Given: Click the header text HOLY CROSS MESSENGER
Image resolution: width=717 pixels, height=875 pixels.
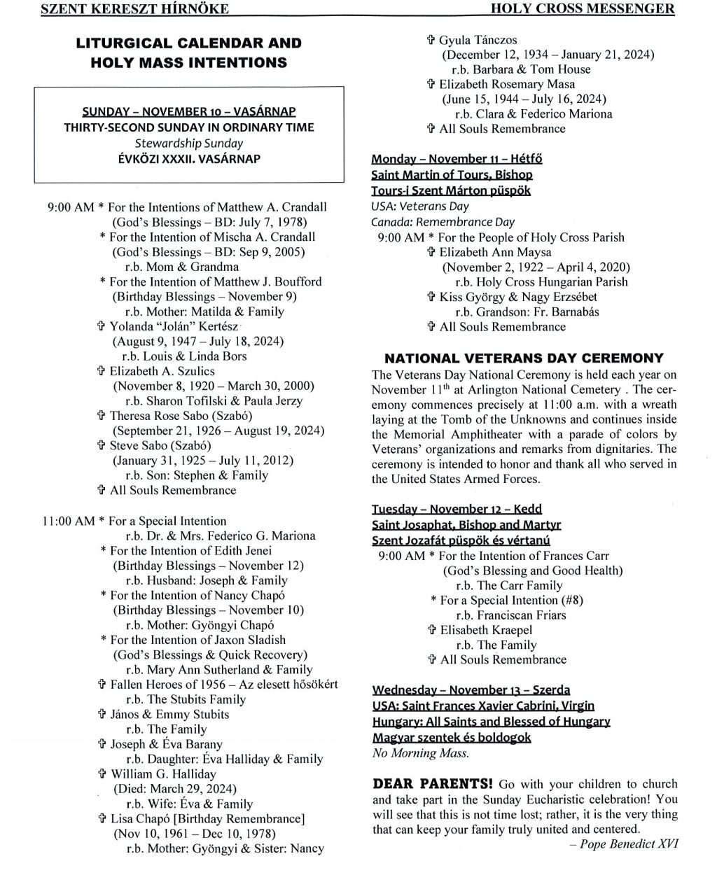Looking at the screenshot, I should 583,8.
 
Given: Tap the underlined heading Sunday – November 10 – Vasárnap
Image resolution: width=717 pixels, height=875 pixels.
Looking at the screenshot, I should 188,112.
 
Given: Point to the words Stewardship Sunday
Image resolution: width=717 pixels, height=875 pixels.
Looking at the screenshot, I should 189,143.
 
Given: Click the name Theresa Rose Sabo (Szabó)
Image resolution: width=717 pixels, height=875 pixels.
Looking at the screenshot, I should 181,416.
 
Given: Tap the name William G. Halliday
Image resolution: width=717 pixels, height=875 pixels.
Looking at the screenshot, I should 163,774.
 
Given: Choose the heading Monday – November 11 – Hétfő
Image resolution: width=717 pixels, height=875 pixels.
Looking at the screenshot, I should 457,159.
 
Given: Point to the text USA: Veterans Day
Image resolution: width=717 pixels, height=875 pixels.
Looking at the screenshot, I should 420,206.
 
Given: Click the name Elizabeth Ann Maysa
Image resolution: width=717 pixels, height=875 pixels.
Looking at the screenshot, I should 495,252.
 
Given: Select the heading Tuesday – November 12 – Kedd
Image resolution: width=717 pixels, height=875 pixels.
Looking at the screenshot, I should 457,509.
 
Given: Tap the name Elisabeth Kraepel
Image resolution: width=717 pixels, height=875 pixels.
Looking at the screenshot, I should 485,630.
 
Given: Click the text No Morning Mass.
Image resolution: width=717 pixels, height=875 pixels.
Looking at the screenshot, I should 420,753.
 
